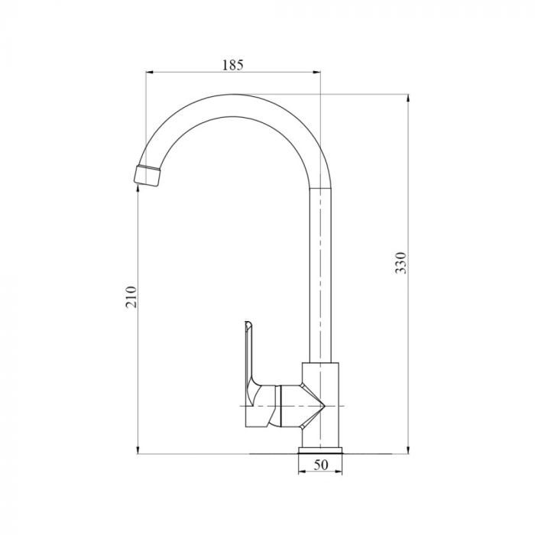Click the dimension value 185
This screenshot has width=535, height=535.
[232, 65]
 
